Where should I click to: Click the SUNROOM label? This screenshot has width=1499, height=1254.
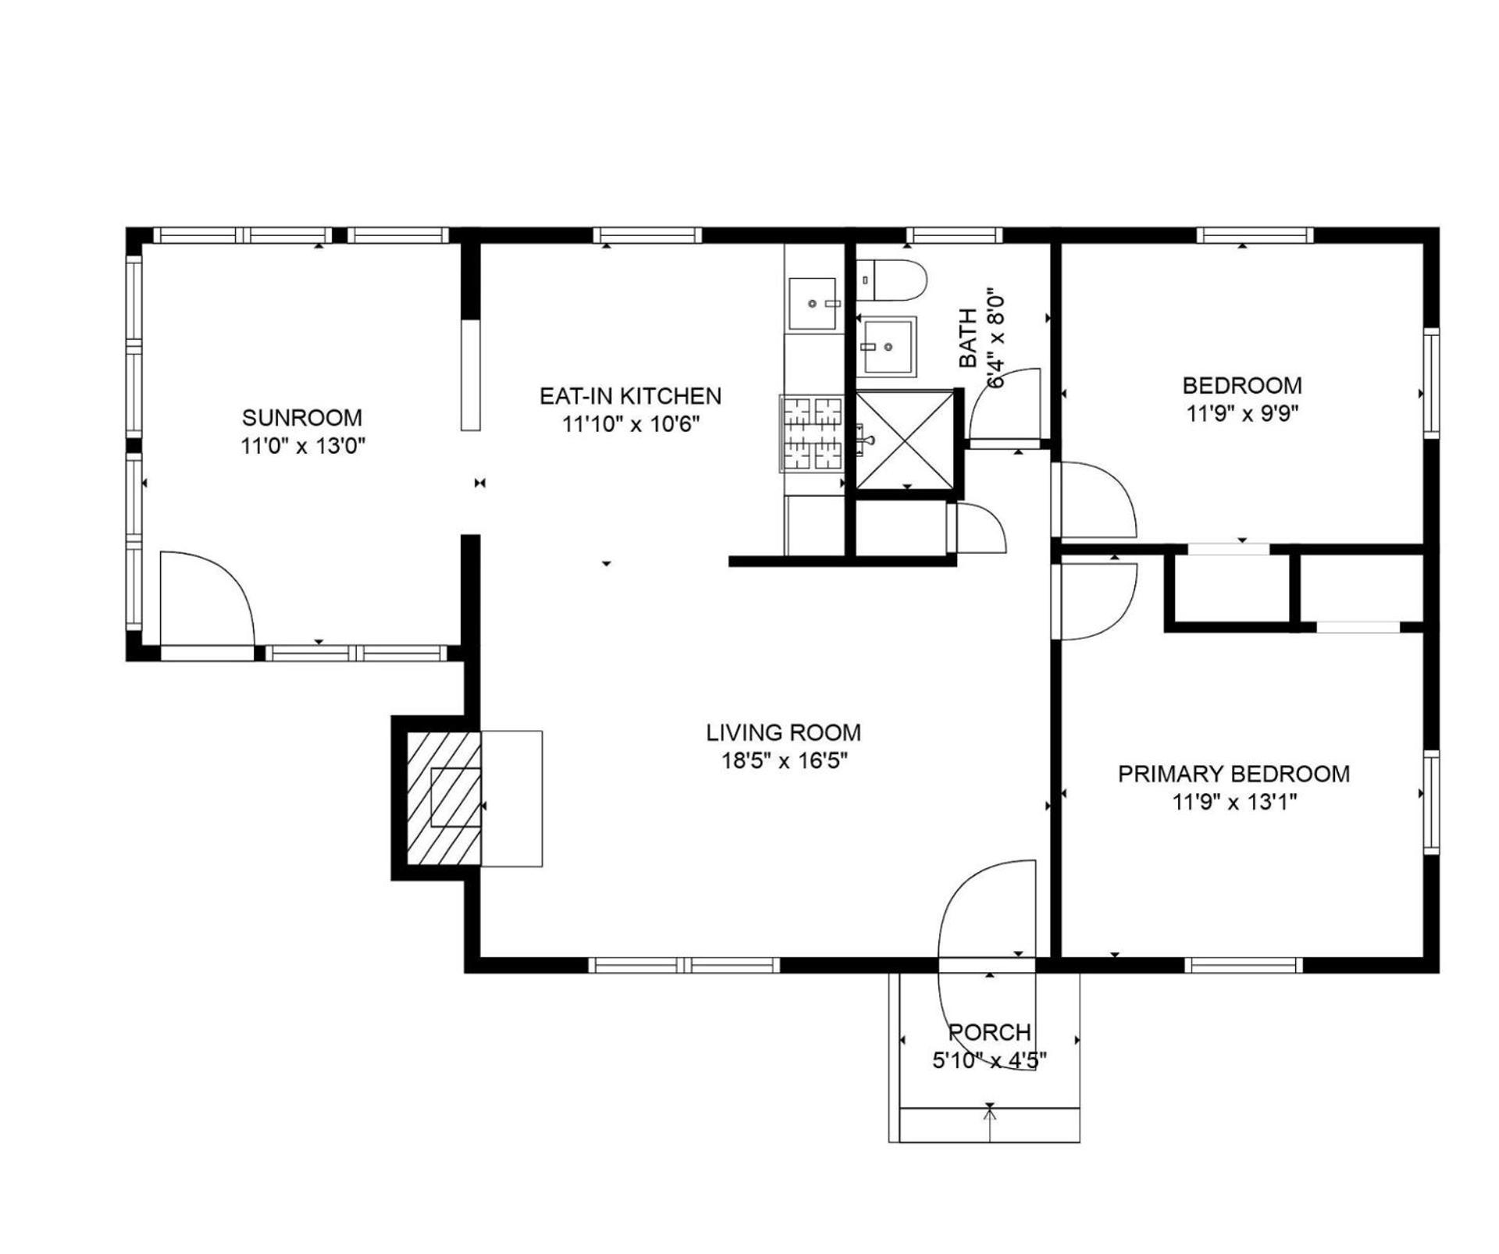[301, 417]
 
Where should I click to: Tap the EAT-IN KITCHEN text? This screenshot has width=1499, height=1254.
[630, 396]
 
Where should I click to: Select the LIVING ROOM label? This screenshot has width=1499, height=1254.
[783, 732]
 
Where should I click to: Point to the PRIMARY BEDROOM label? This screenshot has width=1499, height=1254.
[1234, 774]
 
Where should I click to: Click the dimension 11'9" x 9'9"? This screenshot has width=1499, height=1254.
[1242, 413]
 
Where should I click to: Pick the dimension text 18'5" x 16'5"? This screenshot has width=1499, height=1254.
[784, 760]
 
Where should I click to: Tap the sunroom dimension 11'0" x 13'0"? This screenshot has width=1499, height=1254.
[303, 446]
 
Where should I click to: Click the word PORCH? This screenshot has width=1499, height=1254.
[989, 1032]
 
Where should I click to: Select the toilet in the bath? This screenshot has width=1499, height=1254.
[891, 280]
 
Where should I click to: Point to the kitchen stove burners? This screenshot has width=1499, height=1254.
[812, 433]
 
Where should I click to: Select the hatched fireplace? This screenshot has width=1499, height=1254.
[443, 797]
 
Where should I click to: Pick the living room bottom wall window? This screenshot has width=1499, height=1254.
[684, 965]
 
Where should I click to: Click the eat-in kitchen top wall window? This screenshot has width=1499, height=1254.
[647, 235]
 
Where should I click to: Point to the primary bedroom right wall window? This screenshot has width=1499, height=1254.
[1431, 802]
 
